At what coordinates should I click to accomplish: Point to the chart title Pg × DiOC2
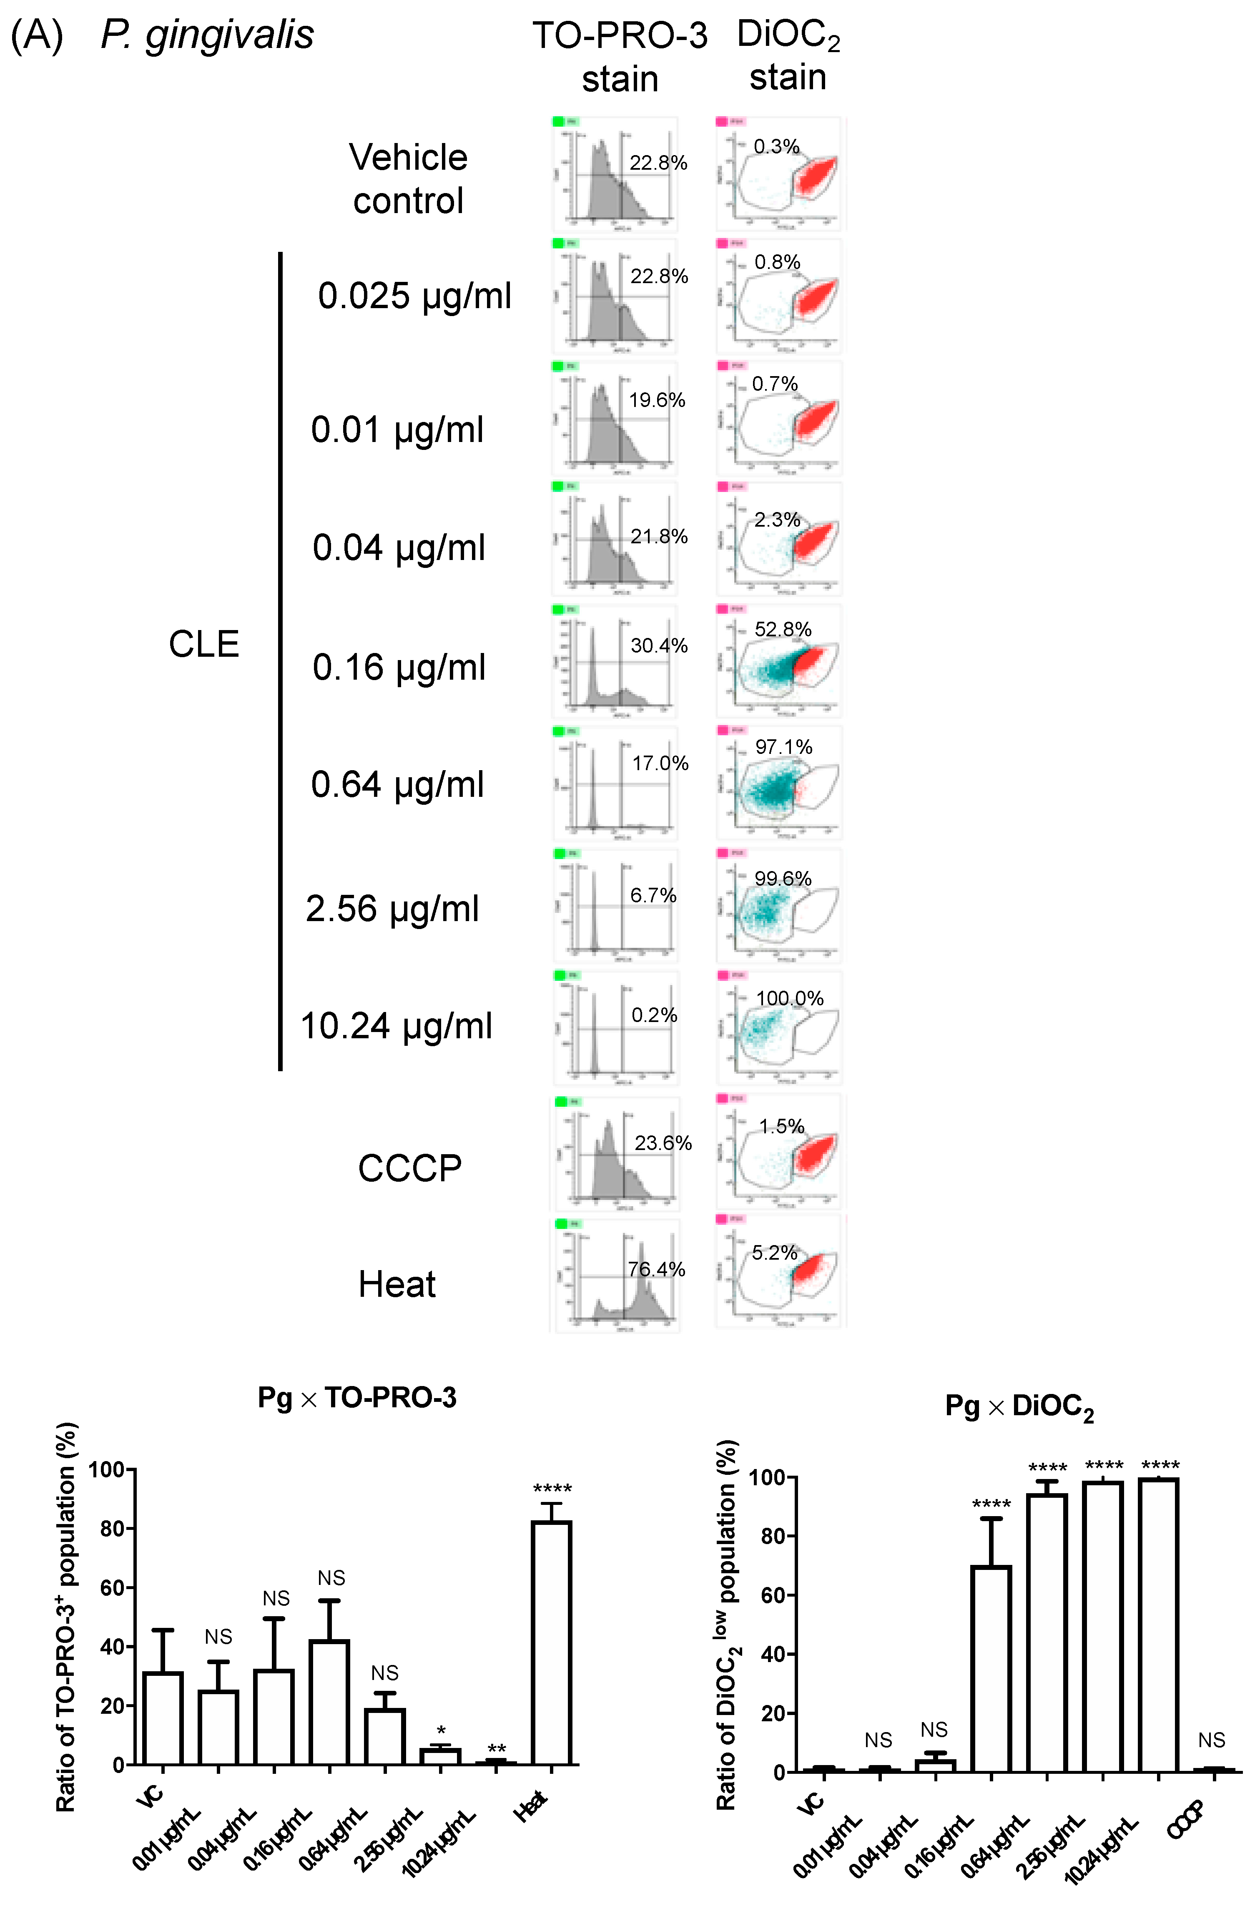tap(1019, 1407)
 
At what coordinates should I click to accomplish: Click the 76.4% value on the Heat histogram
tap(656, 1270)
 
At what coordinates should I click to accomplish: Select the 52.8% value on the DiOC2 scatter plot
tap(783, 629)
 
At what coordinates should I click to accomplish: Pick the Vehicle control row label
tap(408, 178)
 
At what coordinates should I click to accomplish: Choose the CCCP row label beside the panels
tap(410, 1168)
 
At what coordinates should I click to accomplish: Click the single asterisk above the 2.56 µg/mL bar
tap(441, 1730)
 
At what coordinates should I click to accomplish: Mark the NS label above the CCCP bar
tap(1211, 1740)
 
